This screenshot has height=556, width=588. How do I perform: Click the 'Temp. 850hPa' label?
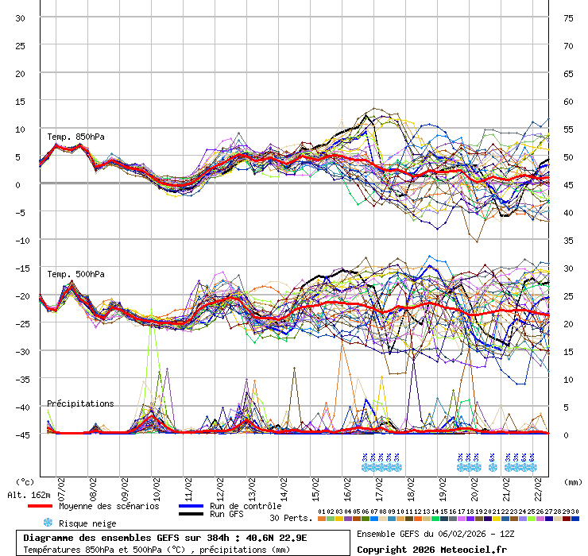tap(75, 137)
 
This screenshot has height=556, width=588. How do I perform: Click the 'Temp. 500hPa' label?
tap(75, 274)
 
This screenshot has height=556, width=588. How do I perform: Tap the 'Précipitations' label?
tap(80, 403)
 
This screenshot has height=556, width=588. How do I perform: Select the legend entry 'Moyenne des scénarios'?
tap(109, 506)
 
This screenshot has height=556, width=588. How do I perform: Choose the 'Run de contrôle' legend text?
tap(246, 506)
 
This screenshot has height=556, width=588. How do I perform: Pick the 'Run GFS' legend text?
tap(226, 514)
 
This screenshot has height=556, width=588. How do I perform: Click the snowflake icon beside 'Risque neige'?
tap(48, 523)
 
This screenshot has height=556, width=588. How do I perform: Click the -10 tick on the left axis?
tap(21, 241)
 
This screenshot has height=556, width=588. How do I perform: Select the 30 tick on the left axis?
tap(21, 18)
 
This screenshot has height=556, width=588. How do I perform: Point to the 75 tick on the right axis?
tap(568, 18)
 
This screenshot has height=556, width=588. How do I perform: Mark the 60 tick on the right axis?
tap(568, 102)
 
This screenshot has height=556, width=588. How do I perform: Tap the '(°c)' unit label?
tap(25, 481)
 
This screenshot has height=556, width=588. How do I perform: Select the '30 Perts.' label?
tap(291, 518)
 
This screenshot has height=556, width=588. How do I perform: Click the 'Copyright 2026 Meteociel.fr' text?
tap(431, 548)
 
